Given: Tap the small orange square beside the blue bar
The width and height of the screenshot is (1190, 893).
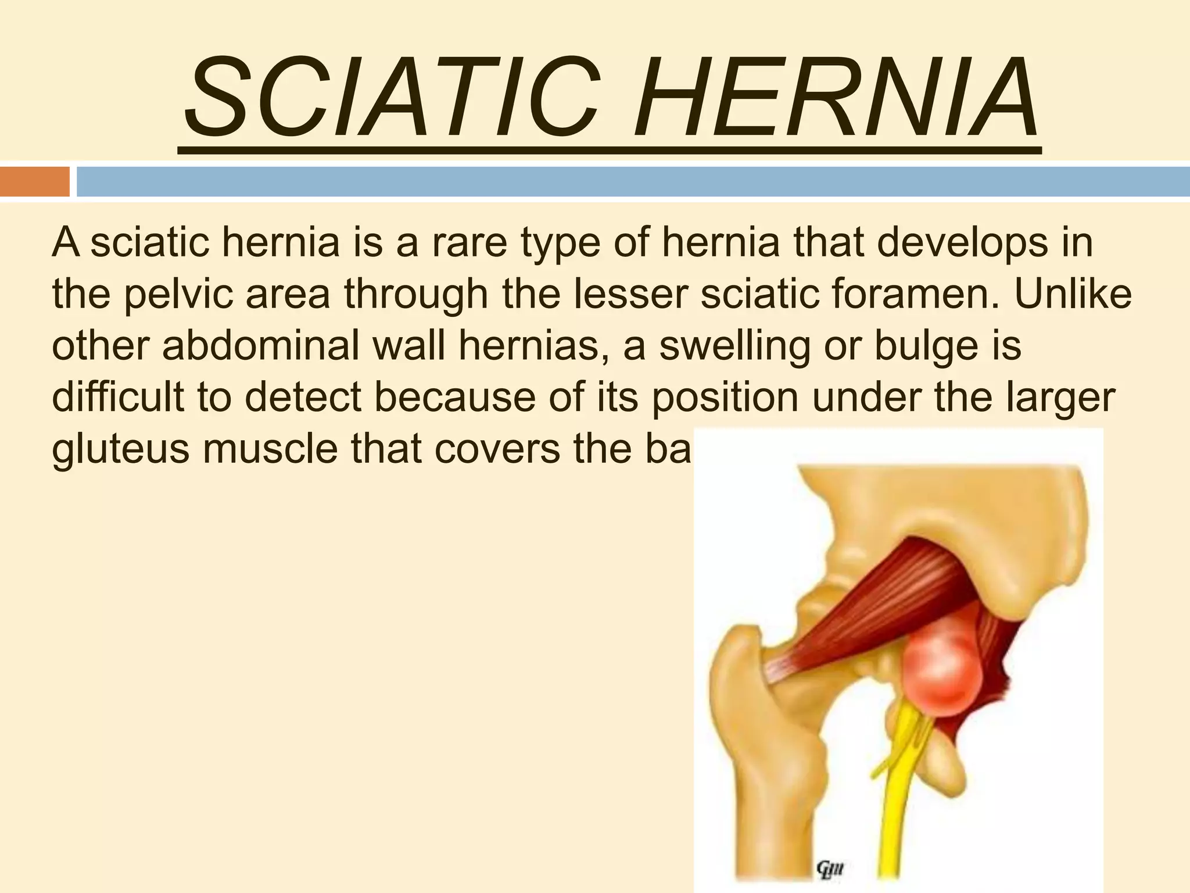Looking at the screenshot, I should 34,181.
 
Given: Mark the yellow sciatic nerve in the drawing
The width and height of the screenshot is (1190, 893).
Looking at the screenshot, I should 898,802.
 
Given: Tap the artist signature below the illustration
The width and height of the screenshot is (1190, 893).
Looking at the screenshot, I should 830,871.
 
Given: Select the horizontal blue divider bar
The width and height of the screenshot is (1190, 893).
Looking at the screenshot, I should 633,181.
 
